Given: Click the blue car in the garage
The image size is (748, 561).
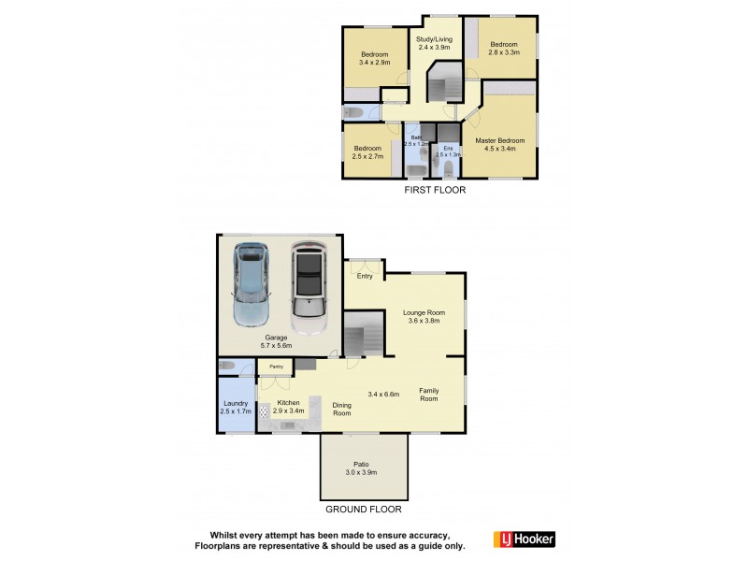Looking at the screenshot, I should (249, 283).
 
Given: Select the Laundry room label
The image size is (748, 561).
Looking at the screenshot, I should (236, 407).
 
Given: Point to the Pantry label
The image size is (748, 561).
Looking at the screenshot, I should (276, 367).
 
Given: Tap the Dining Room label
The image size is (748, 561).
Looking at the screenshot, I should (342, 409).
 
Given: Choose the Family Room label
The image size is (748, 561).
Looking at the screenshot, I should (428, 395).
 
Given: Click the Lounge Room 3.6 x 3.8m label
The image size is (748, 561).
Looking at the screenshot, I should (424, 316).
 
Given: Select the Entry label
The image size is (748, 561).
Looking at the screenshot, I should (365, 276).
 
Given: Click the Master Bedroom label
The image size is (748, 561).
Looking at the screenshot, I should (506, 144).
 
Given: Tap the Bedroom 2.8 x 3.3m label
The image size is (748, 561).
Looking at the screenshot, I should (504, 49).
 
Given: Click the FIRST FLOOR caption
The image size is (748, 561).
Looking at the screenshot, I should (434, 189).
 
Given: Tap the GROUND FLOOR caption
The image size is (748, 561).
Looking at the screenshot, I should (364, 510).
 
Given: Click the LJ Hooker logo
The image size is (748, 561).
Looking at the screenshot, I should (524, 539).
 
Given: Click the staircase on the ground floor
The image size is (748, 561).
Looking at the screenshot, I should (365, 333).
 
